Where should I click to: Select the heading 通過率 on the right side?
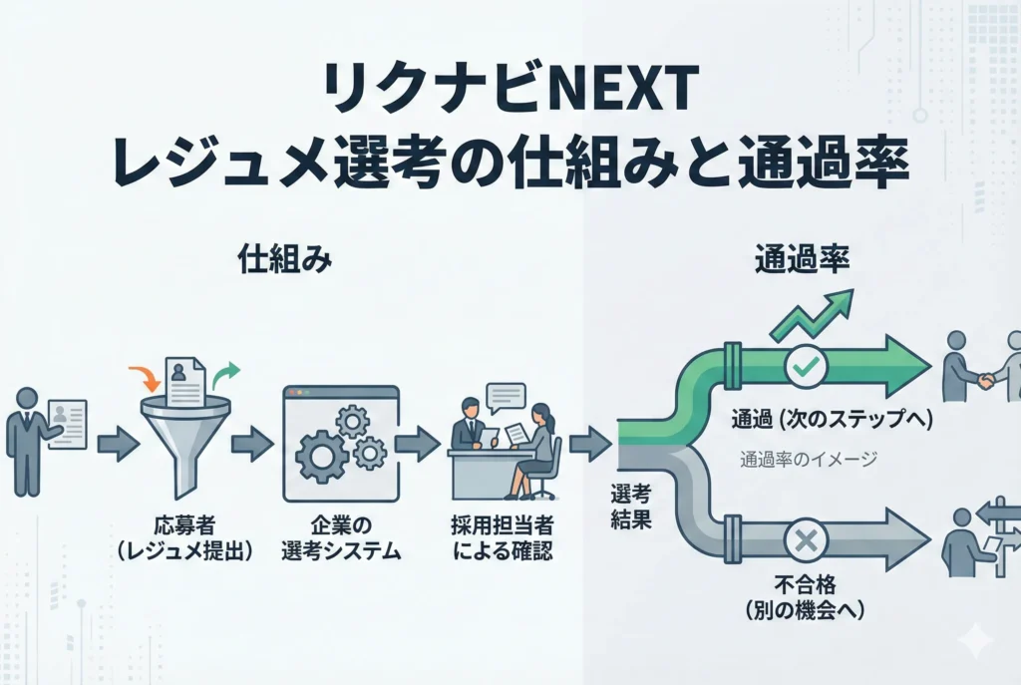(799, 260)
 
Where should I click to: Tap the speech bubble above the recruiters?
(506, 397)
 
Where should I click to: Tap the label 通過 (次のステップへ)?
(831, 420)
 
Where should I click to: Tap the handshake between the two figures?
(985, 379)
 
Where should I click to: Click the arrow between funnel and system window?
(252, 443)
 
